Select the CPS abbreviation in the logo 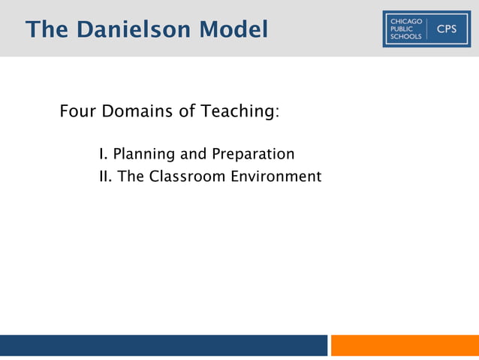(x=446, y=29)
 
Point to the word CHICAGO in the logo (x=406, y=20)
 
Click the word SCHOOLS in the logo (x=406, y=38)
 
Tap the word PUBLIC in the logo (x=402, y=29)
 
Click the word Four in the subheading (x=77, y=112)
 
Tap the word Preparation (x=252, y=155)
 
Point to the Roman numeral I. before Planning (x=103, y=154)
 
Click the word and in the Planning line (x=194, y=154)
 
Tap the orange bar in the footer (x=405, y=345)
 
